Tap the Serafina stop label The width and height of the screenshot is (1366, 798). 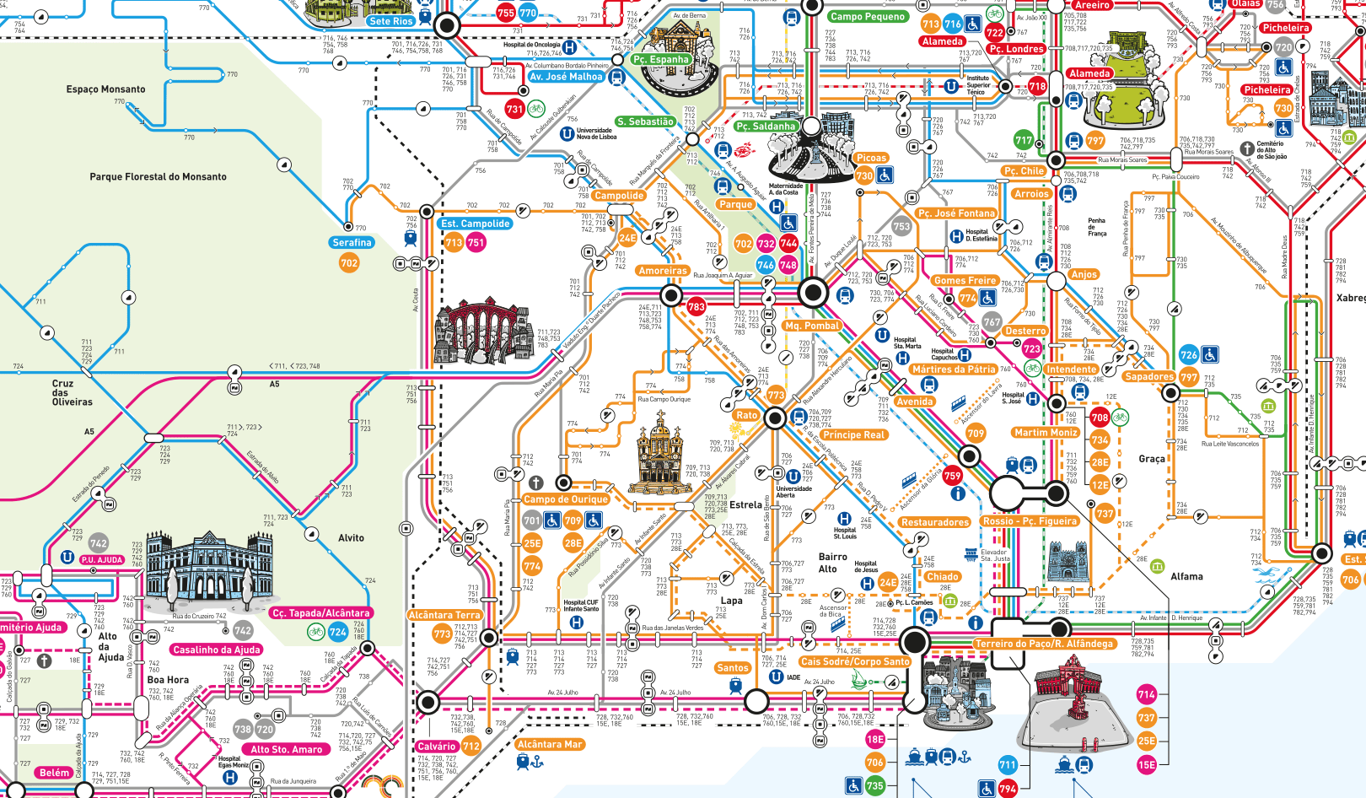tap(352, 242)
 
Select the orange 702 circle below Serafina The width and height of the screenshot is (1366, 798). tap(349, 263)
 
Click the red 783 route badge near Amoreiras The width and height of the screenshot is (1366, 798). tap(696, 307)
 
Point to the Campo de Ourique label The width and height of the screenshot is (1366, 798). tap(566, 499)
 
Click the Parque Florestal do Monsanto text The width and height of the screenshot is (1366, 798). tap(158, 177)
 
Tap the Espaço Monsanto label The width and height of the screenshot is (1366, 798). tap(105, 89)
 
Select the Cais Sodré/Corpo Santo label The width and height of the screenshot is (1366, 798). tap(855, 662)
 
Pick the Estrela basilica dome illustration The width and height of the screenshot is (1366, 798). tap(659, 456)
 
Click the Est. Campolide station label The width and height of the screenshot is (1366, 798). tap(476, 224)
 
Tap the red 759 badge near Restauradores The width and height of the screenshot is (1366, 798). tap(952, 476)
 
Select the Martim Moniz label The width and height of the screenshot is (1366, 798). tap(1046, 433)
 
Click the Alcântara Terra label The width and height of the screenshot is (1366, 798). tap(444, 616)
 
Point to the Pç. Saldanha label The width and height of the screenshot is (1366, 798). tap(766, 127)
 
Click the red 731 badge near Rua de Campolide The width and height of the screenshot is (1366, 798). tap(514, 109)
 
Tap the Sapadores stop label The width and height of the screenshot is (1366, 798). tap(1148, 377)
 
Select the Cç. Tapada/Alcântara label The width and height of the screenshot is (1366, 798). tap(321, 613)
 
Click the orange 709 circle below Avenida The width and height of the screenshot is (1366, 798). tap(976, 434)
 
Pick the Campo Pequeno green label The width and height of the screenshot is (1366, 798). tap(867, 16)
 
